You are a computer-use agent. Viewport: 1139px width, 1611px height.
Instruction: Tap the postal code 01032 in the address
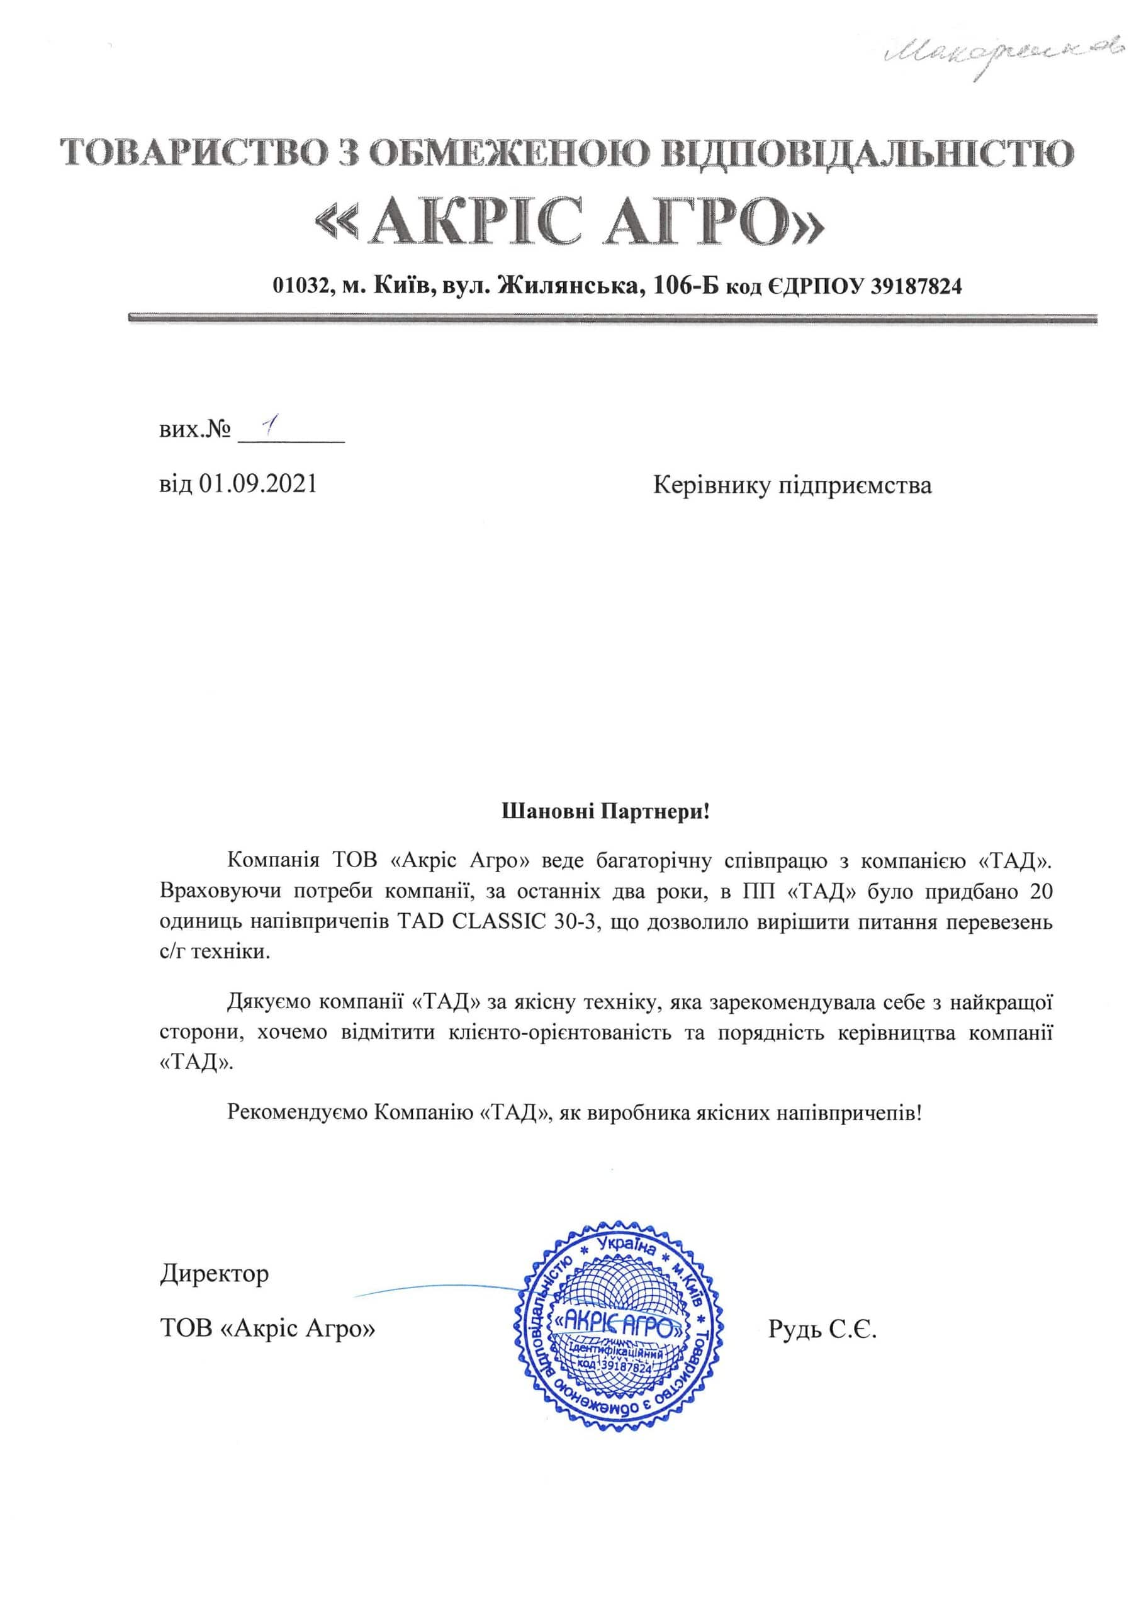point(301,286)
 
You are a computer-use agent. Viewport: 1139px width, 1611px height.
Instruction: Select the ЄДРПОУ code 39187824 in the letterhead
point(916,286)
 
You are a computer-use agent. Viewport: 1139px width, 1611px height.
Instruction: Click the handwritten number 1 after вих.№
point(266,427)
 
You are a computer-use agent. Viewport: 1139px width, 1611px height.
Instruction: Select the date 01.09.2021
point(258,484)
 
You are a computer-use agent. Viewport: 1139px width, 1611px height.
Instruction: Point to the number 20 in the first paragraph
point(1040,892)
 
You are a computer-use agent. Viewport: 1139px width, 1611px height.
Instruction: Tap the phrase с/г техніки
point(215,953)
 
